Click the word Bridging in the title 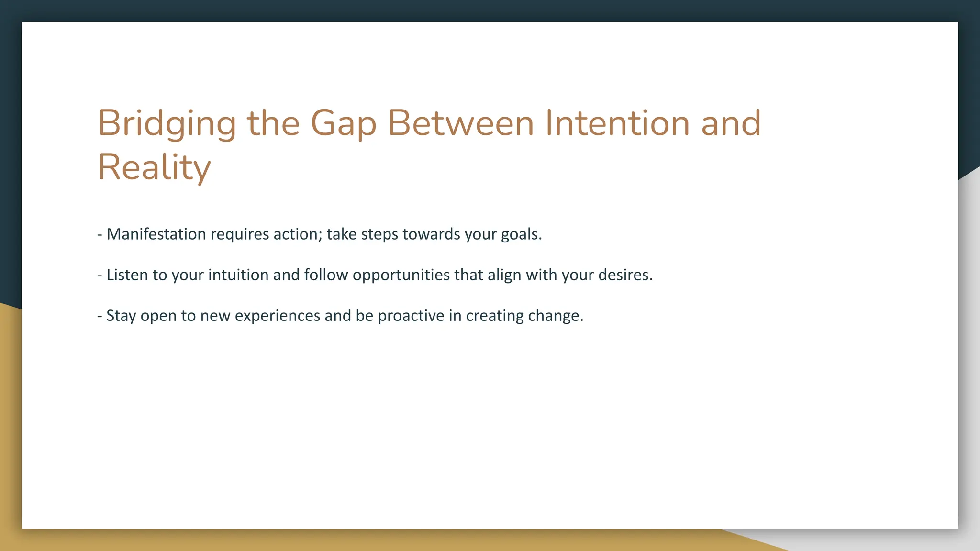pos(167,123)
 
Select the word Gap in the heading pos(344,123)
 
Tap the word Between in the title pos(460,123)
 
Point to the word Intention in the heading pos(617,123)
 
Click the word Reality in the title pos(154,167)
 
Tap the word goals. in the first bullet pos(521,234)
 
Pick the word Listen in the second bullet pos(127,275)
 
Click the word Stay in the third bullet pos(121,316)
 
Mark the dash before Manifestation pos(100,235)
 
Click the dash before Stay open pos(100,316)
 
